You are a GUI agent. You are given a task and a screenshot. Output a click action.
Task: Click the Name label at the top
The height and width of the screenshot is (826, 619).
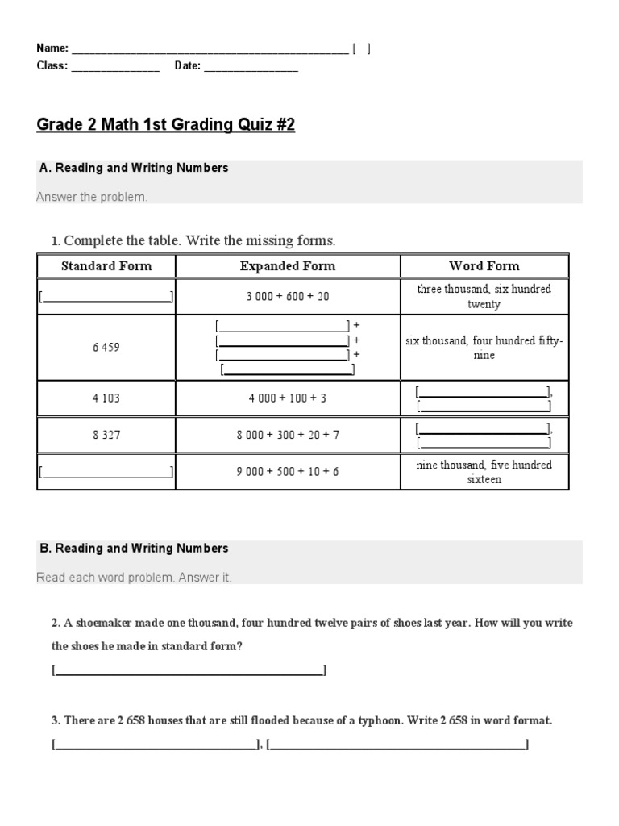(x=52, y=48)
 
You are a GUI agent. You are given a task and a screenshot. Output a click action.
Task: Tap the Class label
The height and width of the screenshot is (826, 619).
(x=52, y=66)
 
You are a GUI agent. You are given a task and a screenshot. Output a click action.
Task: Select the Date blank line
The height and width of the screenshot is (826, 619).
(x=251, y=67)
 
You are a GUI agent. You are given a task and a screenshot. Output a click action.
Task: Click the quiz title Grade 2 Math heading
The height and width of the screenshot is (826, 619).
(x=165, y=125)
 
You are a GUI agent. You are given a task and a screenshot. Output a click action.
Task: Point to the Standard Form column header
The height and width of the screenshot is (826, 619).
(x=106, y=266)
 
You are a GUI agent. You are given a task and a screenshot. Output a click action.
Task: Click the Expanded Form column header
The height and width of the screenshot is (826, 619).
(x=288, y=266)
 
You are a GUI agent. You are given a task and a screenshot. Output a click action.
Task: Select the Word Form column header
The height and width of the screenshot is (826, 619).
(x=484, y=266)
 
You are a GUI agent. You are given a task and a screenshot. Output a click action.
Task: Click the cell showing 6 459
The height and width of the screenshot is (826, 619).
(x=106, y=347)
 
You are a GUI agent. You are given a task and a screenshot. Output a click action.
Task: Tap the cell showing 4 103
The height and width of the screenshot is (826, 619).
(x=106, y=398)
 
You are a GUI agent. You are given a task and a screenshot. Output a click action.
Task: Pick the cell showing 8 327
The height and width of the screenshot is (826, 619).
(x=106, y=434)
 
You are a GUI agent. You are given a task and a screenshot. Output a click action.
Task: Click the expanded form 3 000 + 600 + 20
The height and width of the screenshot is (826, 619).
(x=288, y=296)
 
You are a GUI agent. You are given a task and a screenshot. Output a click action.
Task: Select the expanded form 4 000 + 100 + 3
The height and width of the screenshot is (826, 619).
(x=288, y=398)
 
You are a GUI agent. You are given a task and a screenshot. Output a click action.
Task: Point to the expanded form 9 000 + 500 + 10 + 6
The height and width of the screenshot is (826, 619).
(x=288, y=471)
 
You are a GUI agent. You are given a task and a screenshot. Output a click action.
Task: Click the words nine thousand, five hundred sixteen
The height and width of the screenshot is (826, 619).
(x=484, y=472)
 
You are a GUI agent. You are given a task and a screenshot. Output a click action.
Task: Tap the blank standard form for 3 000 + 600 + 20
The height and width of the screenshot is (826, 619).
(x=106, y=297)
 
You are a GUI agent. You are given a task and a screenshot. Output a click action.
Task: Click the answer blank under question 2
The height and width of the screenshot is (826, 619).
(x=189, y=670)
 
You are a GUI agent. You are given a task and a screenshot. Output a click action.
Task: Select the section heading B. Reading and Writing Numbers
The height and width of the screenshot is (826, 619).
(x=134, y=549)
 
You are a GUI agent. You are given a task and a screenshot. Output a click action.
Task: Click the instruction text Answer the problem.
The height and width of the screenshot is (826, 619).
(x=92, y=198)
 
